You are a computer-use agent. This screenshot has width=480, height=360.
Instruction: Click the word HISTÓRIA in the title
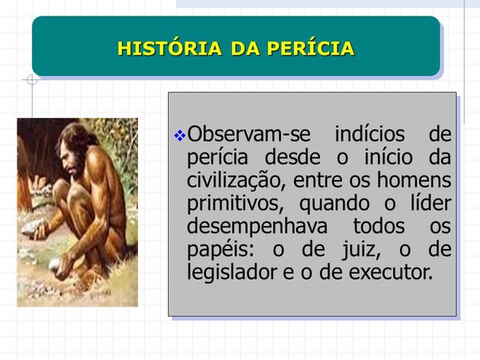click(169, 49)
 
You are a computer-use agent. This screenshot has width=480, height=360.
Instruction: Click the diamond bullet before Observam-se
click(179, 136)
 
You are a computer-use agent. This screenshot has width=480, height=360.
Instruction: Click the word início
click(385, 158)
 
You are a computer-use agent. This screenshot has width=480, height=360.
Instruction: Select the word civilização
click(235, 181)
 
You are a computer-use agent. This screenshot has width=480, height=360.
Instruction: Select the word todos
click(379, 226)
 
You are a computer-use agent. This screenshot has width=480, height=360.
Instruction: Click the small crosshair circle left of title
click(31, 79)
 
